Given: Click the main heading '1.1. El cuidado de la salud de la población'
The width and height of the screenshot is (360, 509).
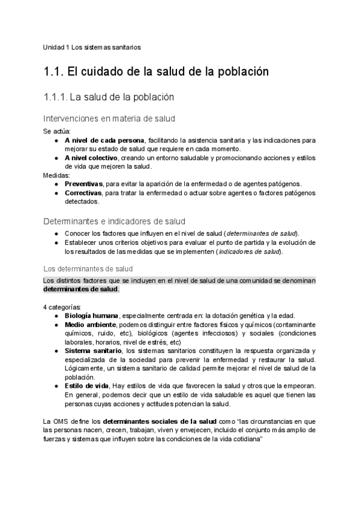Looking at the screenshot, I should pos(155,72).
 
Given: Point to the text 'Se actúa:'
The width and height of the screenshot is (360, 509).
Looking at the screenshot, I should pos(57,131).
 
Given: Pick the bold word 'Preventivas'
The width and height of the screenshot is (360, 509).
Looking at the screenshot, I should pos(83,184).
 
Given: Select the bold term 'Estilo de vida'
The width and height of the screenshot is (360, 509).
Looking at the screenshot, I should pos(87,385).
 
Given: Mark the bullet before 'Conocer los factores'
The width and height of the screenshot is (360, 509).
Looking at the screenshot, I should pos(56,233).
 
